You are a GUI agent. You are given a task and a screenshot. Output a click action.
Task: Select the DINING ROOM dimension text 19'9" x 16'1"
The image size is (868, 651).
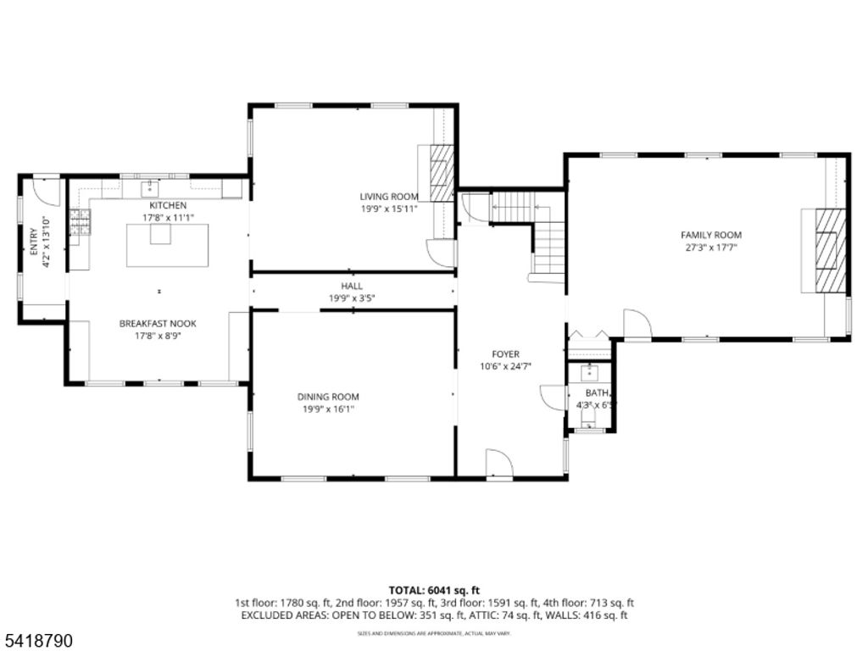click(327, 409)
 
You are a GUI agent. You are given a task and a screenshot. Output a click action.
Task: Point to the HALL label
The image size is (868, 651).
click(352, 287)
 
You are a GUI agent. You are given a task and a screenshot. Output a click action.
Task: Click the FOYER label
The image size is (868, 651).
click(505, 354)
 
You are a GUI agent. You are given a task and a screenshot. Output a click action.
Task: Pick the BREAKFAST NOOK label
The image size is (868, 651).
click(158, 324)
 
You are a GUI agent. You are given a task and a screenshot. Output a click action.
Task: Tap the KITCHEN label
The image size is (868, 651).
click(168, 206)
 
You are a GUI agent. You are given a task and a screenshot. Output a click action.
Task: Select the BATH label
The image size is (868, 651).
click(598, 393)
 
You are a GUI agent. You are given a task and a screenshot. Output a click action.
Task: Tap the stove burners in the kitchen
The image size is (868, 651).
click(80, 222)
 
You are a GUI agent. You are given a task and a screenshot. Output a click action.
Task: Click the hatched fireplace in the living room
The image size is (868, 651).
click(441, 173)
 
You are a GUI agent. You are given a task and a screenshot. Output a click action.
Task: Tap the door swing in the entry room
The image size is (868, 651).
click(47, 192)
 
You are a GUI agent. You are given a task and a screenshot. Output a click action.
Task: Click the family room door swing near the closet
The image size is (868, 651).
click(636, 324)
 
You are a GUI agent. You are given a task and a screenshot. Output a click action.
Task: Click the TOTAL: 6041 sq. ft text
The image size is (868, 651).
click(434, 590)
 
